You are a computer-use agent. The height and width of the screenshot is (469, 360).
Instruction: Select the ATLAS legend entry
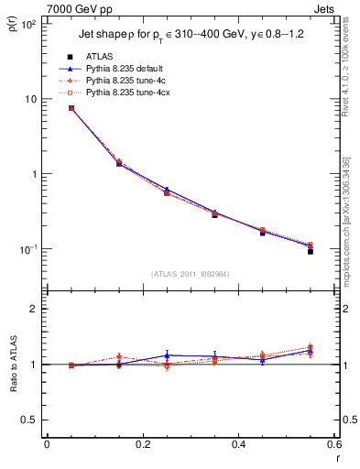click(x=102, y=57)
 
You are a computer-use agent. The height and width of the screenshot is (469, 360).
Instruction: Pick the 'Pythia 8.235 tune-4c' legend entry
click(x=125, y=81)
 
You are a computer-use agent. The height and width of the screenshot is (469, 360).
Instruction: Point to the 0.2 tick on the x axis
click(x=142, y=444)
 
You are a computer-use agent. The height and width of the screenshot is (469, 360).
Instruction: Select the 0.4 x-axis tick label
click(x=237, y=444)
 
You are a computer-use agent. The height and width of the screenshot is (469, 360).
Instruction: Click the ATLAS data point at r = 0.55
click(x=310, y=251)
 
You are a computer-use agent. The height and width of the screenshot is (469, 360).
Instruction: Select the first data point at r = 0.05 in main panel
click(x=71, y=108)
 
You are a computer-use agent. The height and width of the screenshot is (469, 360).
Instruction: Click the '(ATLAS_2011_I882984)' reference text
click(x=190, y=274)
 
